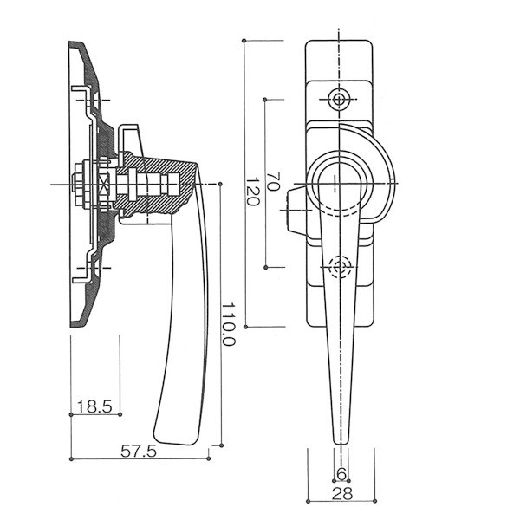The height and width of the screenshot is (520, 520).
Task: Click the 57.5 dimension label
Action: (x=138, y=452)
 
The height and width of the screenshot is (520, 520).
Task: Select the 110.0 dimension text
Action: (x=228, y=326)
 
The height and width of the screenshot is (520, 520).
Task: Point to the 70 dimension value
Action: (x=273, y=181)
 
